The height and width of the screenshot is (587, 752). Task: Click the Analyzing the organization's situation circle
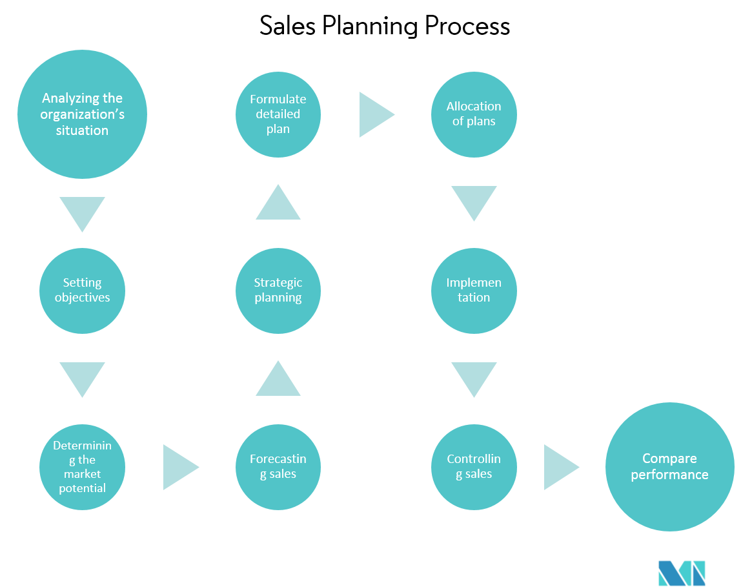(82, 114)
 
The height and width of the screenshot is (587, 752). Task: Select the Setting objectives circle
(82, 291)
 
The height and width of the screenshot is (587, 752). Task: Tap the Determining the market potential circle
(82, 467)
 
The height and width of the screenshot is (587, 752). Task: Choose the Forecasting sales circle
(278, 467)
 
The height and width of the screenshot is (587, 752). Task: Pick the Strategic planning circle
(278, 291)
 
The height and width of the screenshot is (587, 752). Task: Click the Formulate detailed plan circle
(278, 114)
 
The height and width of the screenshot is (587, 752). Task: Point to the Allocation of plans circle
(474, 114)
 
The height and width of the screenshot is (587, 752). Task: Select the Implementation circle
(474, 291)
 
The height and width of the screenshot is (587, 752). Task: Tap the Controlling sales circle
(474, 467)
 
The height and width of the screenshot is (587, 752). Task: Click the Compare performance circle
(669, 467)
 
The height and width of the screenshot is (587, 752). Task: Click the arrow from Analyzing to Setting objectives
(82, 212)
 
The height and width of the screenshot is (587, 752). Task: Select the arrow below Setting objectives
(82, 378)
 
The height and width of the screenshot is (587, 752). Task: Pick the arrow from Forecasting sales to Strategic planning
(278, 380)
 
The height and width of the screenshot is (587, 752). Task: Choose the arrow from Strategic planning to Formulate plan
(278, 204)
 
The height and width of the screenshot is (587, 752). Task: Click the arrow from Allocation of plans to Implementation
(474, 201)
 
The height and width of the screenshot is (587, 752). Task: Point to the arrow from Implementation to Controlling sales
(474, 378)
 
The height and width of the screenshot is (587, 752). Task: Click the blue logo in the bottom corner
(682, 573)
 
